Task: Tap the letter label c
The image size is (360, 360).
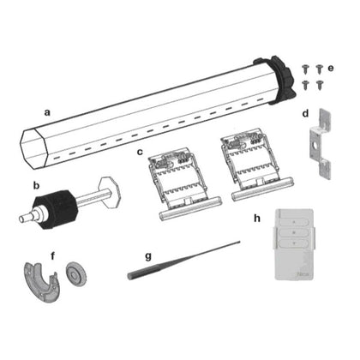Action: point(139,152)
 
